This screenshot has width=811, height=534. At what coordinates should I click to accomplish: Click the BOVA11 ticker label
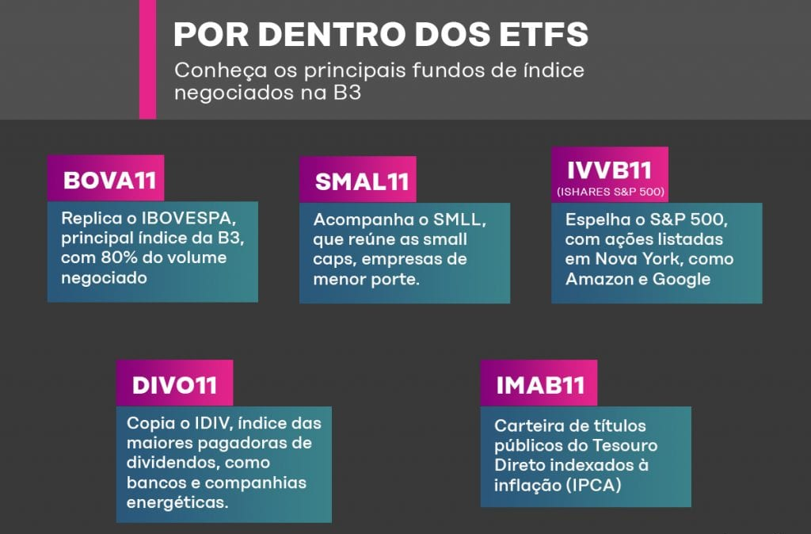coord(109,181)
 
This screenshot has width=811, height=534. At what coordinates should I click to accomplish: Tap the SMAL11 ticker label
coord(361,181)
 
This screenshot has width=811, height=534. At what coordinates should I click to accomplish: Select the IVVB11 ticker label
coord(609,170)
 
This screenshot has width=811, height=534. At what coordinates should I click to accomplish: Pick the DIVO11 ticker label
coord(174,385)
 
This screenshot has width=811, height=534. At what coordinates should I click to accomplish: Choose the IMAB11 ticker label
coord(540,385)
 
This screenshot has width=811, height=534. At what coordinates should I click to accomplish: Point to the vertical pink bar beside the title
coord(147,59)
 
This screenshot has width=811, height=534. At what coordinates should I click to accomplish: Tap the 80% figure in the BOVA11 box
coord(119,257)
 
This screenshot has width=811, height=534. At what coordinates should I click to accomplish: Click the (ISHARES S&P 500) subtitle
coord(611,192)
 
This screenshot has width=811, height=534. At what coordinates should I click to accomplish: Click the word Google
coord(682,280)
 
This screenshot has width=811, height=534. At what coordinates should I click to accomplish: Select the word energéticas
coord(177,502)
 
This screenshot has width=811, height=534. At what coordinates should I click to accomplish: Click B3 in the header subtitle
coord(347,93)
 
